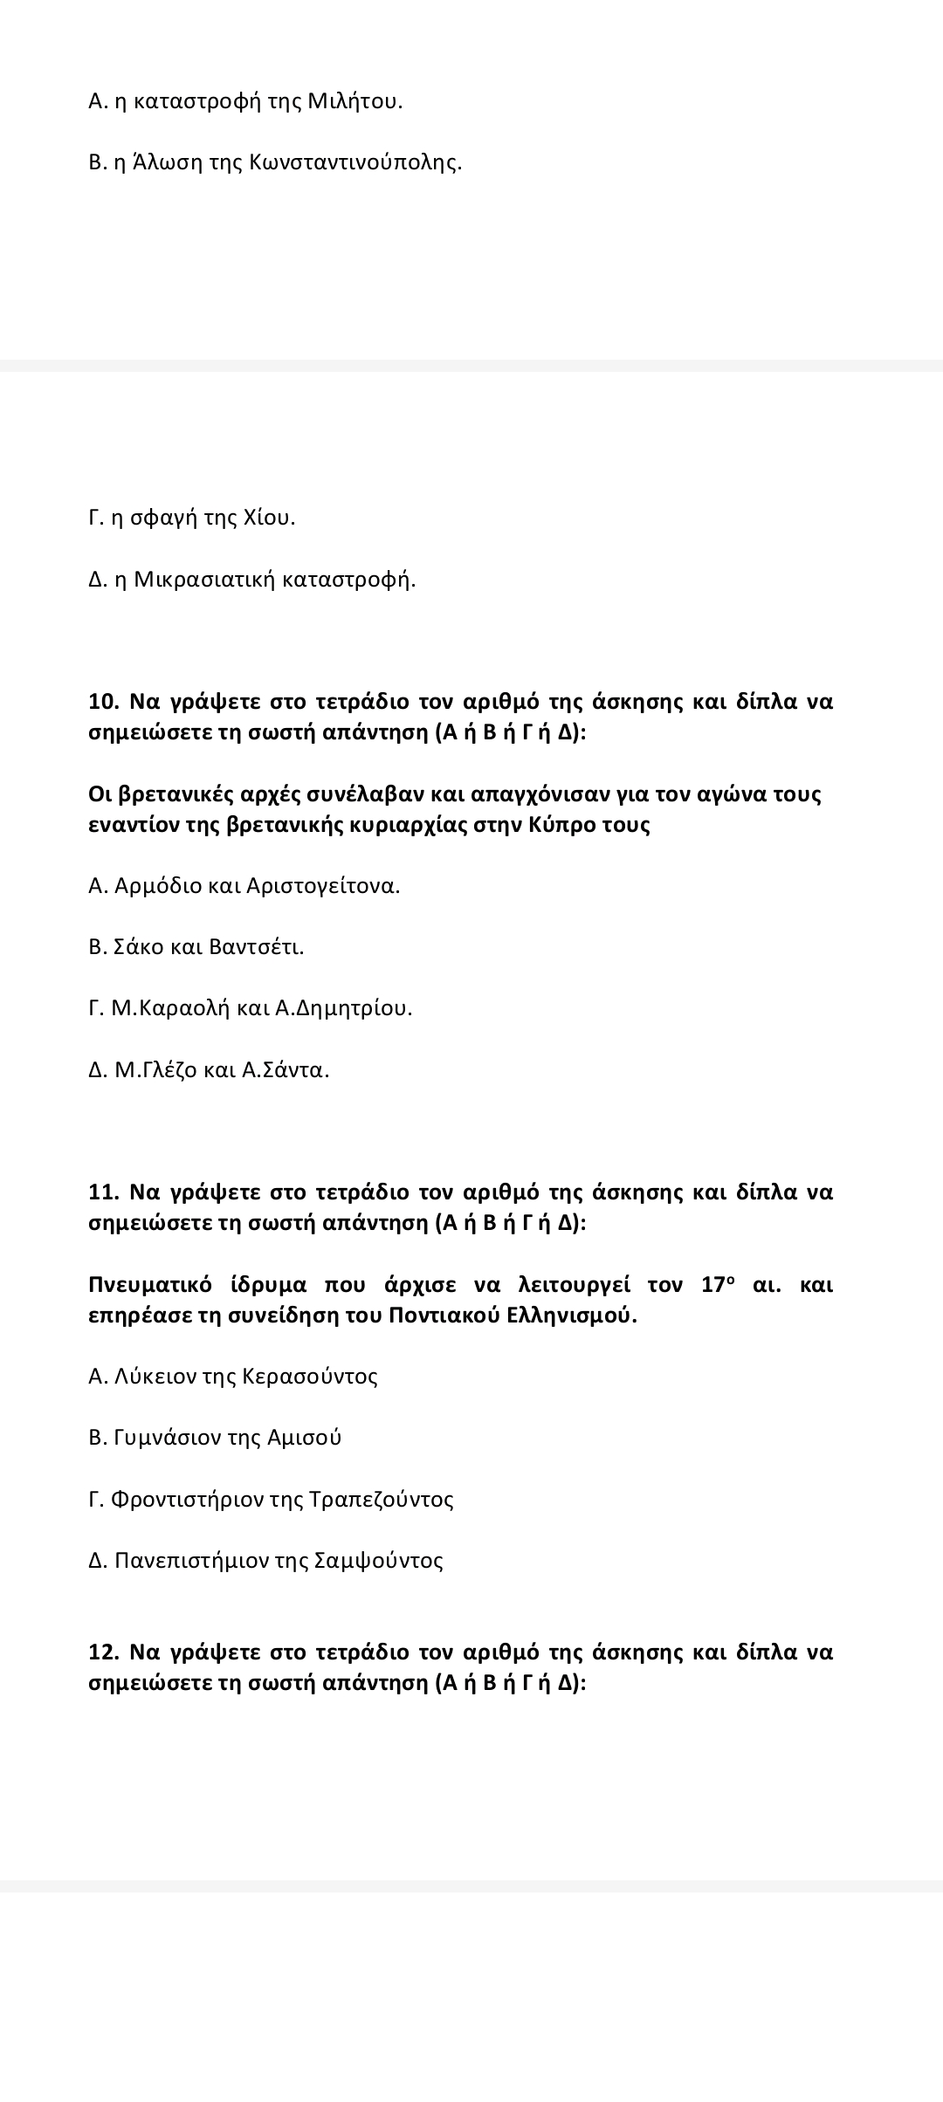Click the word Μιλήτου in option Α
tap(356, 101)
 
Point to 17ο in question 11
tap(719, 1285)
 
